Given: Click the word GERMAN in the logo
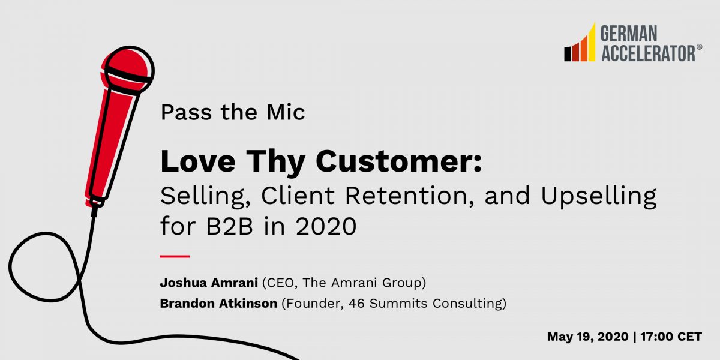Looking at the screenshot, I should click(629, 34).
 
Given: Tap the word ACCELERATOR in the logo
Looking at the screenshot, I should click(647, 53).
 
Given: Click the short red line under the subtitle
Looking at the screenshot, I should click(175, 256).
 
